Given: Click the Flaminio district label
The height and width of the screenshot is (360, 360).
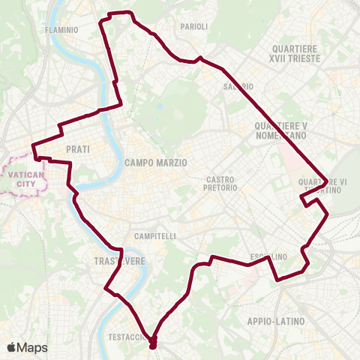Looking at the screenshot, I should point(61,30).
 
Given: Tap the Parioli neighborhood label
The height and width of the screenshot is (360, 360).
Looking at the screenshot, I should point(193,26).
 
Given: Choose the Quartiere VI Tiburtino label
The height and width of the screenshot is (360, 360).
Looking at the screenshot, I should point(322,185).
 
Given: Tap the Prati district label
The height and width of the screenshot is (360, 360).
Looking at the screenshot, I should point(78,149).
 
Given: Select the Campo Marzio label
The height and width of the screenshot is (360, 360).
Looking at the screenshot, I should point(155,162).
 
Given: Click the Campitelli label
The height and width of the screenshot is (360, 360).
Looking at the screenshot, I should point(154,235).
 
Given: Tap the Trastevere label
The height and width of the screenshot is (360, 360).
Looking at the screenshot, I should point(114,259).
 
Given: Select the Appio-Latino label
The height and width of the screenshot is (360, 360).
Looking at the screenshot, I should point(275,321).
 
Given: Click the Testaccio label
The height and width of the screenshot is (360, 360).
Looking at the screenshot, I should point(127,337).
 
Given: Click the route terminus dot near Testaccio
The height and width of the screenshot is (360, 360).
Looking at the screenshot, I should point(153,344).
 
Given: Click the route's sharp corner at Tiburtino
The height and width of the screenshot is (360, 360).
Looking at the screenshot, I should point(327,180).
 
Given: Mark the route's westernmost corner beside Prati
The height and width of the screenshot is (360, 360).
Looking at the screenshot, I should point(32,146).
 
